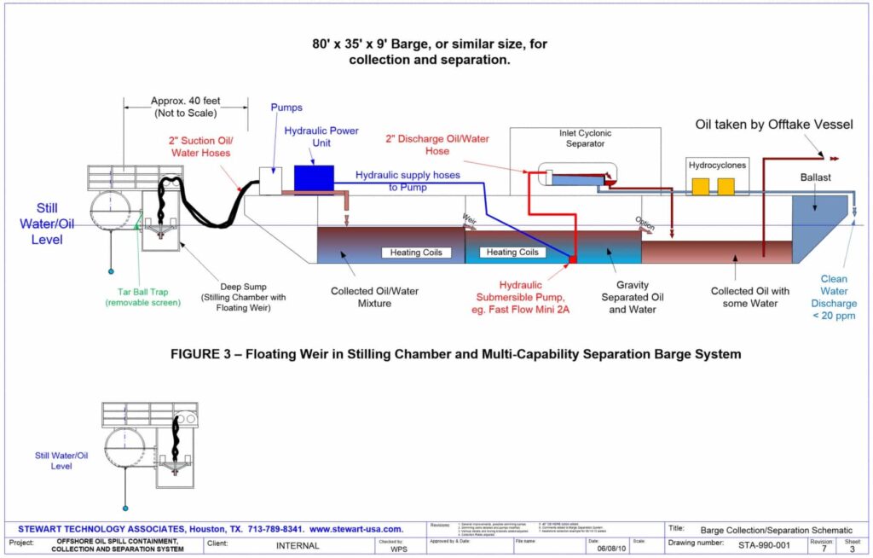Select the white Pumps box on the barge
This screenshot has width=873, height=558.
pyautogui.click(x=270, y=181)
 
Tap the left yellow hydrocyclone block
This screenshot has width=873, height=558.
pyautogui.click(x=700, y=186)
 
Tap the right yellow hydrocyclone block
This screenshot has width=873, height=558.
pyautogui.click(x=726, y=186)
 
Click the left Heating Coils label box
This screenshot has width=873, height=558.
pyautogui.click(x=416, y=253)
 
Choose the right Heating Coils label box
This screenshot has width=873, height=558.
pyautogui.click(x=511, y=253)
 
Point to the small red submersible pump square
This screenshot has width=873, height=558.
pyautogui.click(x=573, y=259)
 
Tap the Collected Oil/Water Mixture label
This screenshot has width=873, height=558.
pyautogui.click(x=376, y=297)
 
